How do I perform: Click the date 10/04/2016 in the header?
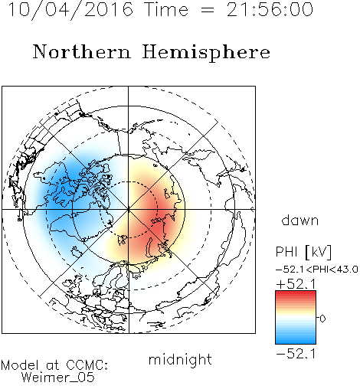click(70, 10)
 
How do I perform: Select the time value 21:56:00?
click(270, 9)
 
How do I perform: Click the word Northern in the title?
click(82, 51)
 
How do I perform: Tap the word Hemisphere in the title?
click(206, 53)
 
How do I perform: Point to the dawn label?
click(300, 220)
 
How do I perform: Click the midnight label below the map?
click(180, 359)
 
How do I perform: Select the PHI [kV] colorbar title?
click(303, 252)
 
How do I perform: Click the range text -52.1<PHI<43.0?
click(317, 270)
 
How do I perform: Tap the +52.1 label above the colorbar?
click(296, 284)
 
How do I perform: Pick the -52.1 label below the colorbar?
click(296, 354)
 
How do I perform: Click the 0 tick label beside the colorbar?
click(322, 319)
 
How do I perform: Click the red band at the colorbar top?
click(296, 294)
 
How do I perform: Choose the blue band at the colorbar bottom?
click(296, 341)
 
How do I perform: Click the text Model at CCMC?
click(54, 365)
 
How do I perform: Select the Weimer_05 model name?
click(58, 378)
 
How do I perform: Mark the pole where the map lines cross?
click(129, 210)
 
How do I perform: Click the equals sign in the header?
click(208, 10)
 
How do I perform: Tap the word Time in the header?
click(166, 9)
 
